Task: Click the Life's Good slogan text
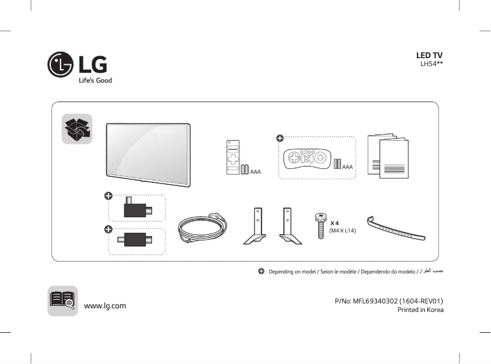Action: coord(94,80)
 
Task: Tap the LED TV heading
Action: coord(429,56)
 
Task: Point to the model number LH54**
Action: coord(431,64)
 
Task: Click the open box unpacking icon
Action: coord(77,128)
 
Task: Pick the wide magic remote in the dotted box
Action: coord(307,158)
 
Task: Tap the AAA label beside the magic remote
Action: coord(348,166)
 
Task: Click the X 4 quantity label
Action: coord(335,223)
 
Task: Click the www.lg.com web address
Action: coord(105,305)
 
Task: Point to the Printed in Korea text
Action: coord(420,310)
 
